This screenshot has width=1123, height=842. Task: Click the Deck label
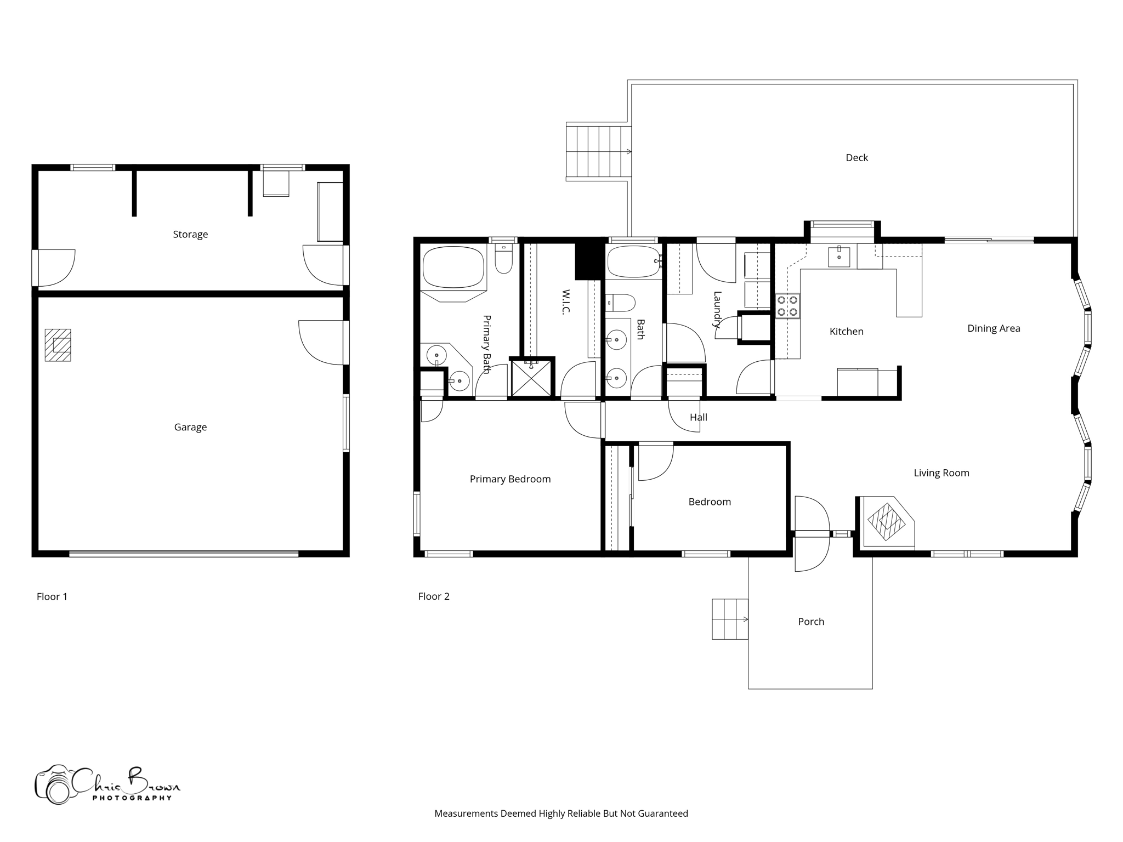click(857, 158)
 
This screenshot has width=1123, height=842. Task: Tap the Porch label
click(810, 622)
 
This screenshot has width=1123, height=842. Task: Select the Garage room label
click(190, 427)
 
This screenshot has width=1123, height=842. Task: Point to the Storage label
click(190, 234)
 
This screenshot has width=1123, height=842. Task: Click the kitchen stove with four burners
click(787, 306)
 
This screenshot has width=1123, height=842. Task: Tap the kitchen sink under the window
click(838, 256)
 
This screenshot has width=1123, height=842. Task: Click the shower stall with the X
click(531, 378)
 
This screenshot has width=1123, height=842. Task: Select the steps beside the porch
click(730, 619)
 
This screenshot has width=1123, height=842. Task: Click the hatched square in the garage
click(58, 345)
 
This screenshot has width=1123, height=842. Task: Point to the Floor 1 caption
click(52, 596)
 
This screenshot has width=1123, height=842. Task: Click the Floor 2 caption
click(434, 596)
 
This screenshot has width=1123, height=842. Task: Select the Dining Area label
click(993, 328)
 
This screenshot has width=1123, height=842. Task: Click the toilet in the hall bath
click(622, 302)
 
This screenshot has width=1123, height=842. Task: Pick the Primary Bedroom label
click(510, 479)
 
